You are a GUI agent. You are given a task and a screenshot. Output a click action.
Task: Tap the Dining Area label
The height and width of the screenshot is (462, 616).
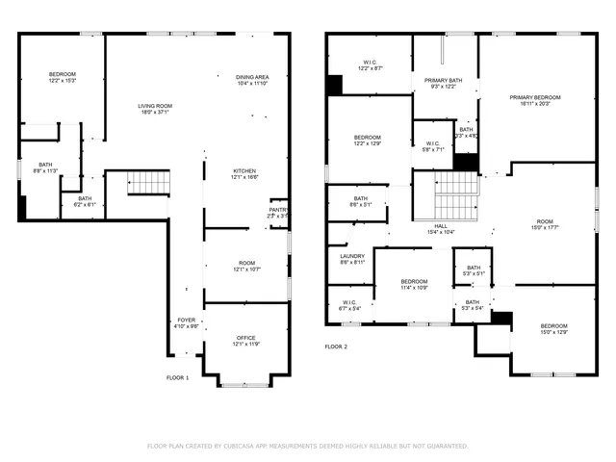[x=252, y=77]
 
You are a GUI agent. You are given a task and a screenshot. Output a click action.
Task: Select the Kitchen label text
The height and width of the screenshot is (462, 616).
[x=244, y=170]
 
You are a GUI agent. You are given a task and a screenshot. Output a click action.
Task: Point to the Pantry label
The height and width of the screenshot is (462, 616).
[x=277, y=210]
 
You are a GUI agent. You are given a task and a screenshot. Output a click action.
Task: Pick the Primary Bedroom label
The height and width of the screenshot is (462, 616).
[x=535, y=97]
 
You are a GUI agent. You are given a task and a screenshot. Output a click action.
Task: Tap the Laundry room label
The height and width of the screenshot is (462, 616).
[x=352, y=255]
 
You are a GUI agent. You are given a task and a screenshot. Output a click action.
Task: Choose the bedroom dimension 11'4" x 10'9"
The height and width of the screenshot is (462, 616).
[x=414, y=287]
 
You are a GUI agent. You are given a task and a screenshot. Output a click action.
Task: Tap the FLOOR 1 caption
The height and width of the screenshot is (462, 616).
[x=177, y=378]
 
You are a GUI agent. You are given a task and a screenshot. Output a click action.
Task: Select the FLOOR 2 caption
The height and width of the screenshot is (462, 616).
[x=336, y=346]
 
